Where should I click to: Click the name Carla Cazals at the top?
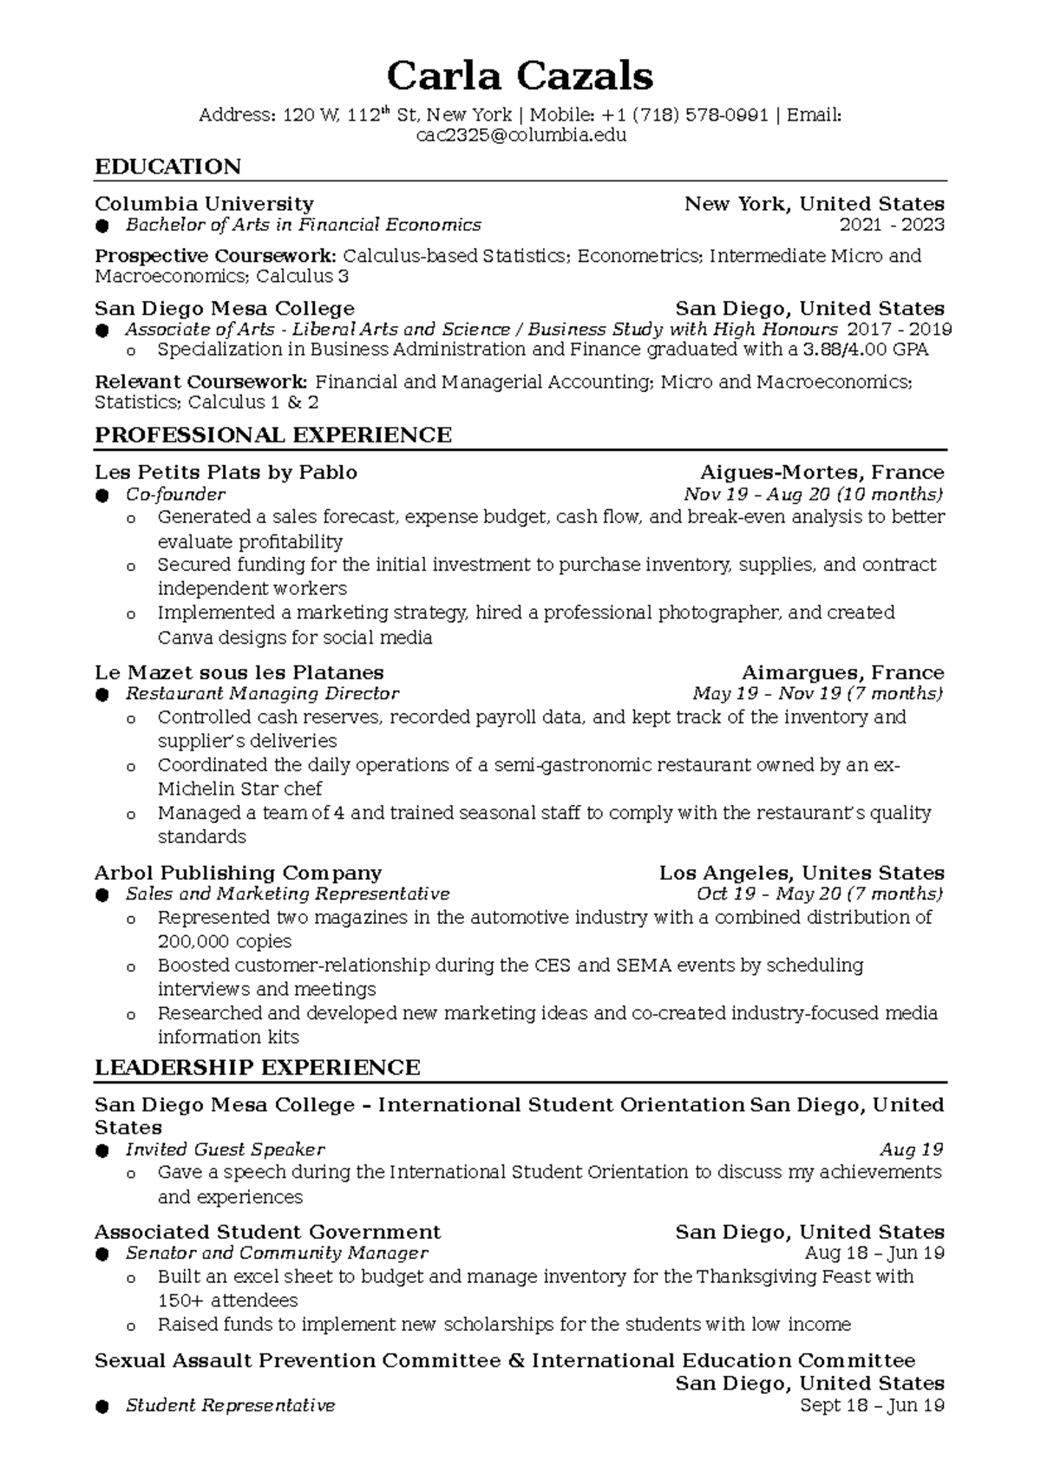[x=520, y=76]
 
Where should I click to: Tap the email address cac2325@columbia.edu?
[x=520, y=135]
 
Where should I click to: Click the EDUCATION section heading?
[x=167, y=167]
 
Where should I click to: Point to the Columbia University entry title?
[x=204, y=204]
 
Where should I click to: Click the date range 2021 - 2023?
[x=892, y=226]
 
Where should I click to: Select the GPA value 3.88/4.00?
[x=848, y=350]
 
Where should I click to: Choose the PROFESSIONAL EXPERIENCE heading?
[x=273, y=435]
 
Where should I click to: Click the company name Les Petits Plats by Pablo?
[x=226, y=473]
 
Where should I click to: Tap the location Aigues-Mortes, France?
[x=822, y=473]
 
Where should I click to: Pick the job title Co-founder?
[x=175, y=494]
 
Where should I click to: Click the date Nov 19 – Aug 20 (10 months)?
[x=813, y=494]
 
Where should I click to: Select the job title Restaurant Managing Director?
[x=262, y=694]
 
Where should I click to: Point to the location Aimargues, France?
[x=842, y=673]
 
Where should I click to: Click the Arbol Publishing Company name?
[x=238, y=874]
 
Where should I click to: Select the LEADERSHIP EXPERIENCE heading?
[x=257, y=1068]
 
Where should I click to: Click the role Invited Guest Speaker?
[x=225, y=1150]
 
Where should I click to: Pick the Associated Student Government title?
[x=267, y=1233]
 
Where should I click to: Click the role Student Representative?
[x=230, y=1405]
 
